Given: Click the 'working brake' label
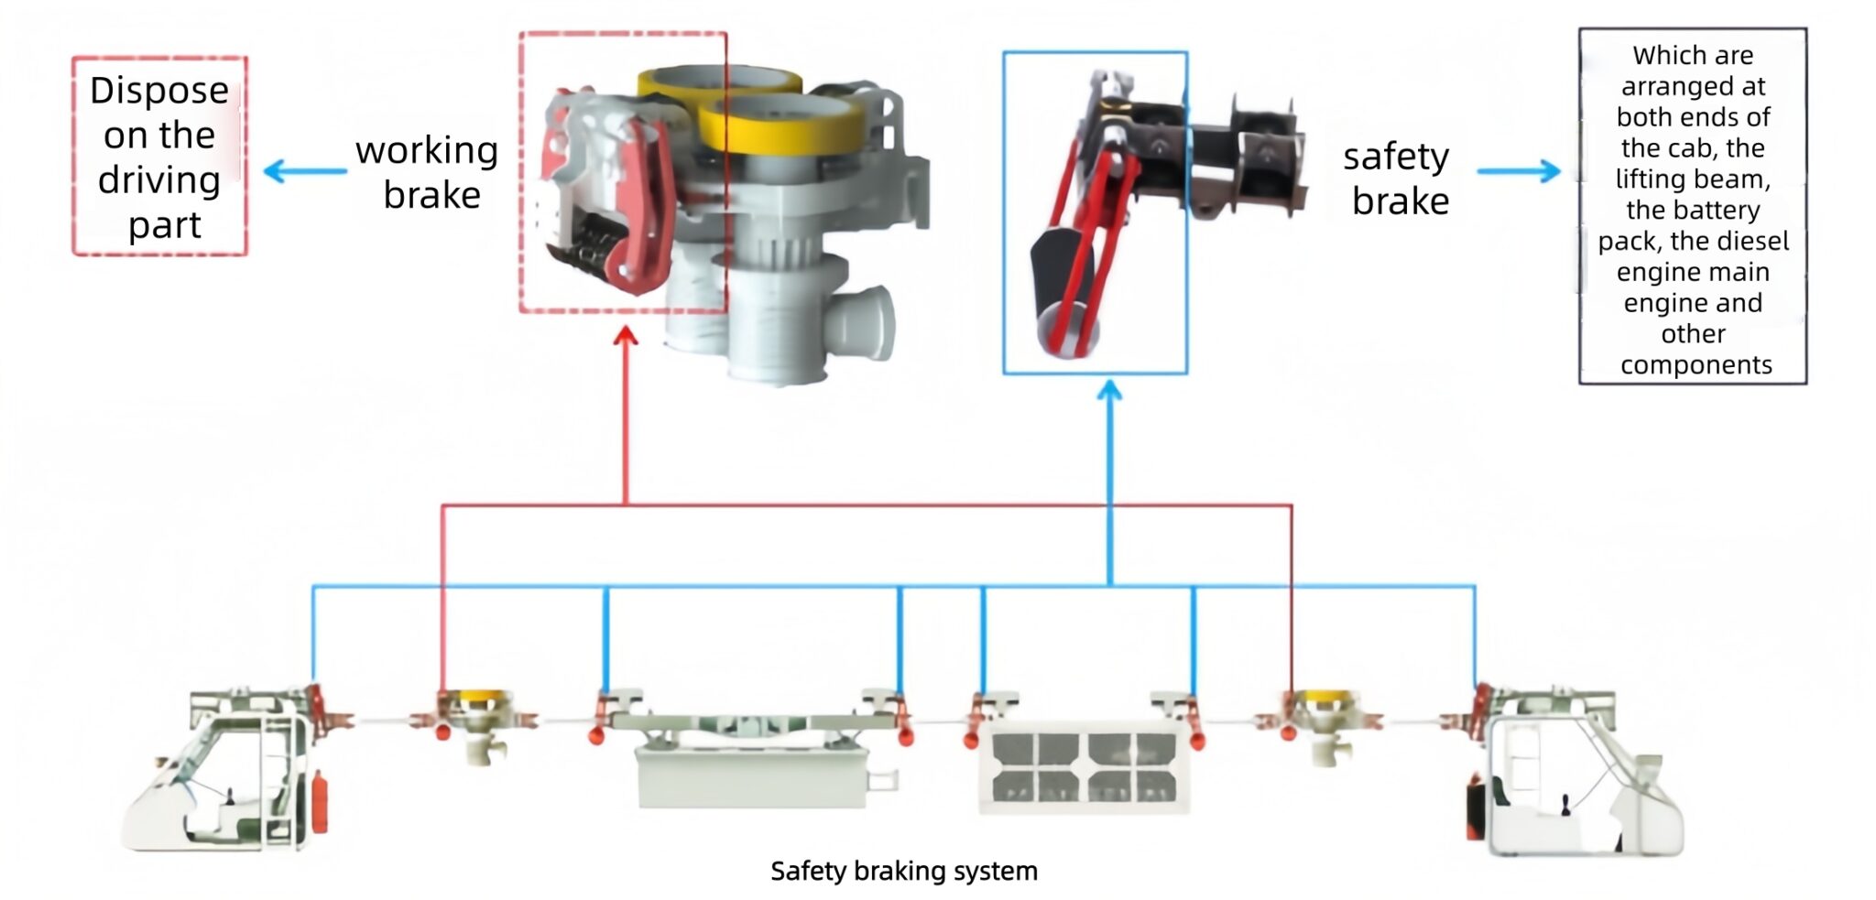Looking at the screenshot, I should point(427,172).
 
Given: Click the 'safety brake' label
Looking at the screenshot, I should point(1397,179).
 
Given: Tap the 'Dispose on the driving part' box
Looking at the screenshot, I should point(159,157).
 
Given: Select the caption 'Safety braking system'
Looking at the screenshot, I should point(903,871).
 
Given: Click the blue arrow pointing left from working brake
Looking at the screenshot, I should point(303,171).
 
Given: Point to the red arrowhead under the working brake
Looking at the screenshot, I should point(626,338).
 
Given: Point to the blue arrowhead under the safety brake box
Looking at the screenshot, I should point(1109,392).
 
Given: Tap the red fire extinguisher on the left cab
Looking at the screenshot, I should point(320,802).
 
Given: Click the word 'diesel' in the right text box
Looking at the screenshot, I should point(1758,241).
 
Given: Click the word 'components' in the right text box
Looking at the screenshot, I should point(1696,364).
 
